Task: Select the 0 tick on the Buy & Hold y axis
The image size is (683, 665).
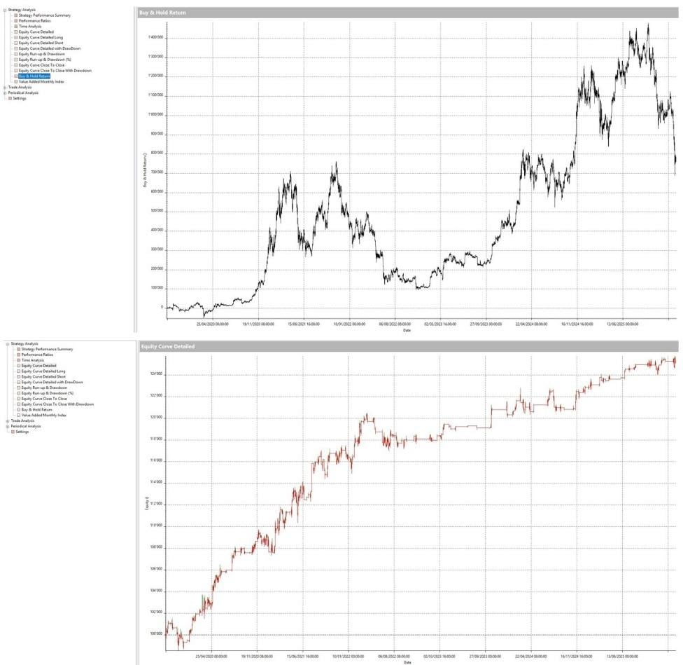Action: click(161, 307)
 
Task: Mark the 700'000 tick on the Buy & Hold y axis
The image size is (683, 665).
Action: click(155, 172)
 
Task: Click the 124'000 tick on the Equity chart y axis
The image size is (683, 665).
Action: click(155, 374)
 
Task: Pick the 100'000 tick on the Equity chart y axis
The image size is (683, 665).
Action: click(155, 635)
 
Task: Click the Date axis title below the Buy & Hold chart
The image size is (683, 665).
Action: click(407, 330)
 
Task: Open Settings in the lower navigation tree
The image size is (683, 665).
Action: click(20, 432)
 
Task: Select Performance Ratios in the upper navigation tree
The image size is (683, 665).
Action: click(36, 21)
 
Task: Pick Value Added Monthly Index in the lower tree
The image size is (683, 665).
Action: click(43, 415)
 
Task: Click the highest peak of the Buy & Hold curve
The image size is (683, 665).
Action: click(648, 24)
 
